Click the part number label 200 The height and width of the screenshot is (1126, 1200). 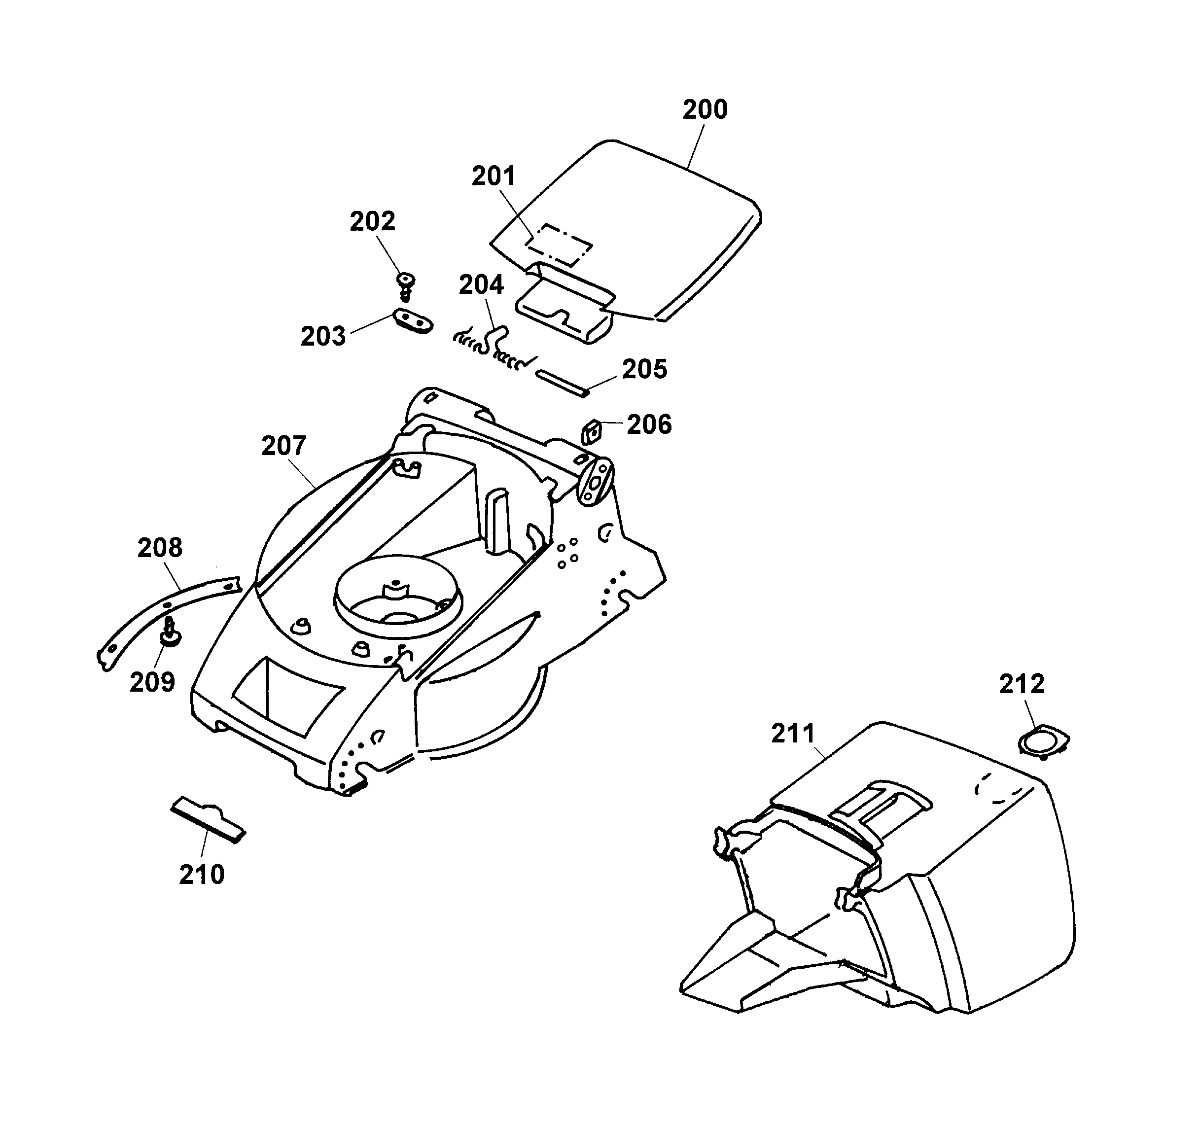(705, 110)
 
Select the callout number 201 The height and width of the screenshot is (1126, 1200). (494, 176)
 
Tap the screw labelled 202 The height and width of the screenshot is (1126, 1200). (406, 284)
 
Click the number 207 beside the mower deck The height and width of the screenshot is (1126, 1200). (283, 446)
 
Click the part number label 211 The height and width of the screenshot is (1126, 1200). (793, 734)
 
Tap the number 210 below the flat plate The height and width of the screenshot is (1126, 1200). (202, 874)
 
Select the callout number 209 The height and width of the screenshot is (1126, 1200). (152, 682)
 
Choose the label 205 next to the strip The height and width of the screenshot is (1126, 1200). (645, 369)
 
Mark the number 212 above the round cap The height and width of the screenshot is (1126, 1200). (1022, 684)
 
